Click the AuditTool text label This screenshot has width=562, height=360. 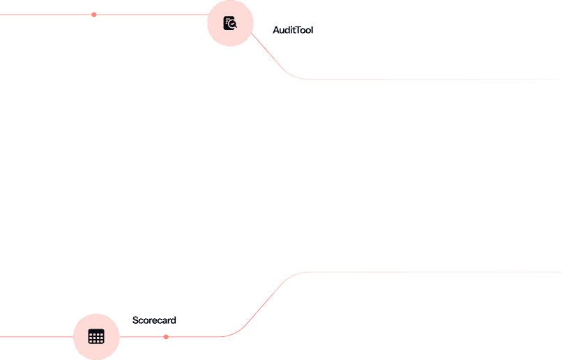(x=293, y=30)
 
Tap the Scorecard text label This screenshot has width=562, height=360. (x=154, y=320)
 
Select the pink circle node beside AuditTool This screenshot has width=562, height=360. (x=230, y=23)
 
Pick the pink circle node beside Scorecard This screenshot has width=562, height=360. (x=96, y=336)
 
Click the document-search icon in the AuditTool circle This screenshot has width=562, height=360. (x=230, y=23)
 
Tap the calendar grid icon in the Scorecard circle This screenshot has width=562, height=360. (x=96, y=336)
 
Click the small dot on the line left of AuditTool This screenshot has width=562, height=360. (x=94, y=15)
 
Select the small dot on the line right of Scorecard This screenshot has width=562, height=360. (x=166, y=337)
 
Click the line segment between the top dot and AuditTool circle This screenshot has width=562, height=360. (x=150, y=15)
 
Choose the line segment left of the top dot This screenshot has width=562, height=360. (x=45, y=15)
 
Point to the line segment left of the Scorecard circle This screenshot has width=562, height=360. (x=35, y=337)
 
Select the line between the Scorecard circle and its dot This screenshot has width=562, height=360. (x=143, y=337)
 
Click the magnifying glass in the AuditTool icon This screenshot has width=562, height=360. (x=233, y=26)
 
